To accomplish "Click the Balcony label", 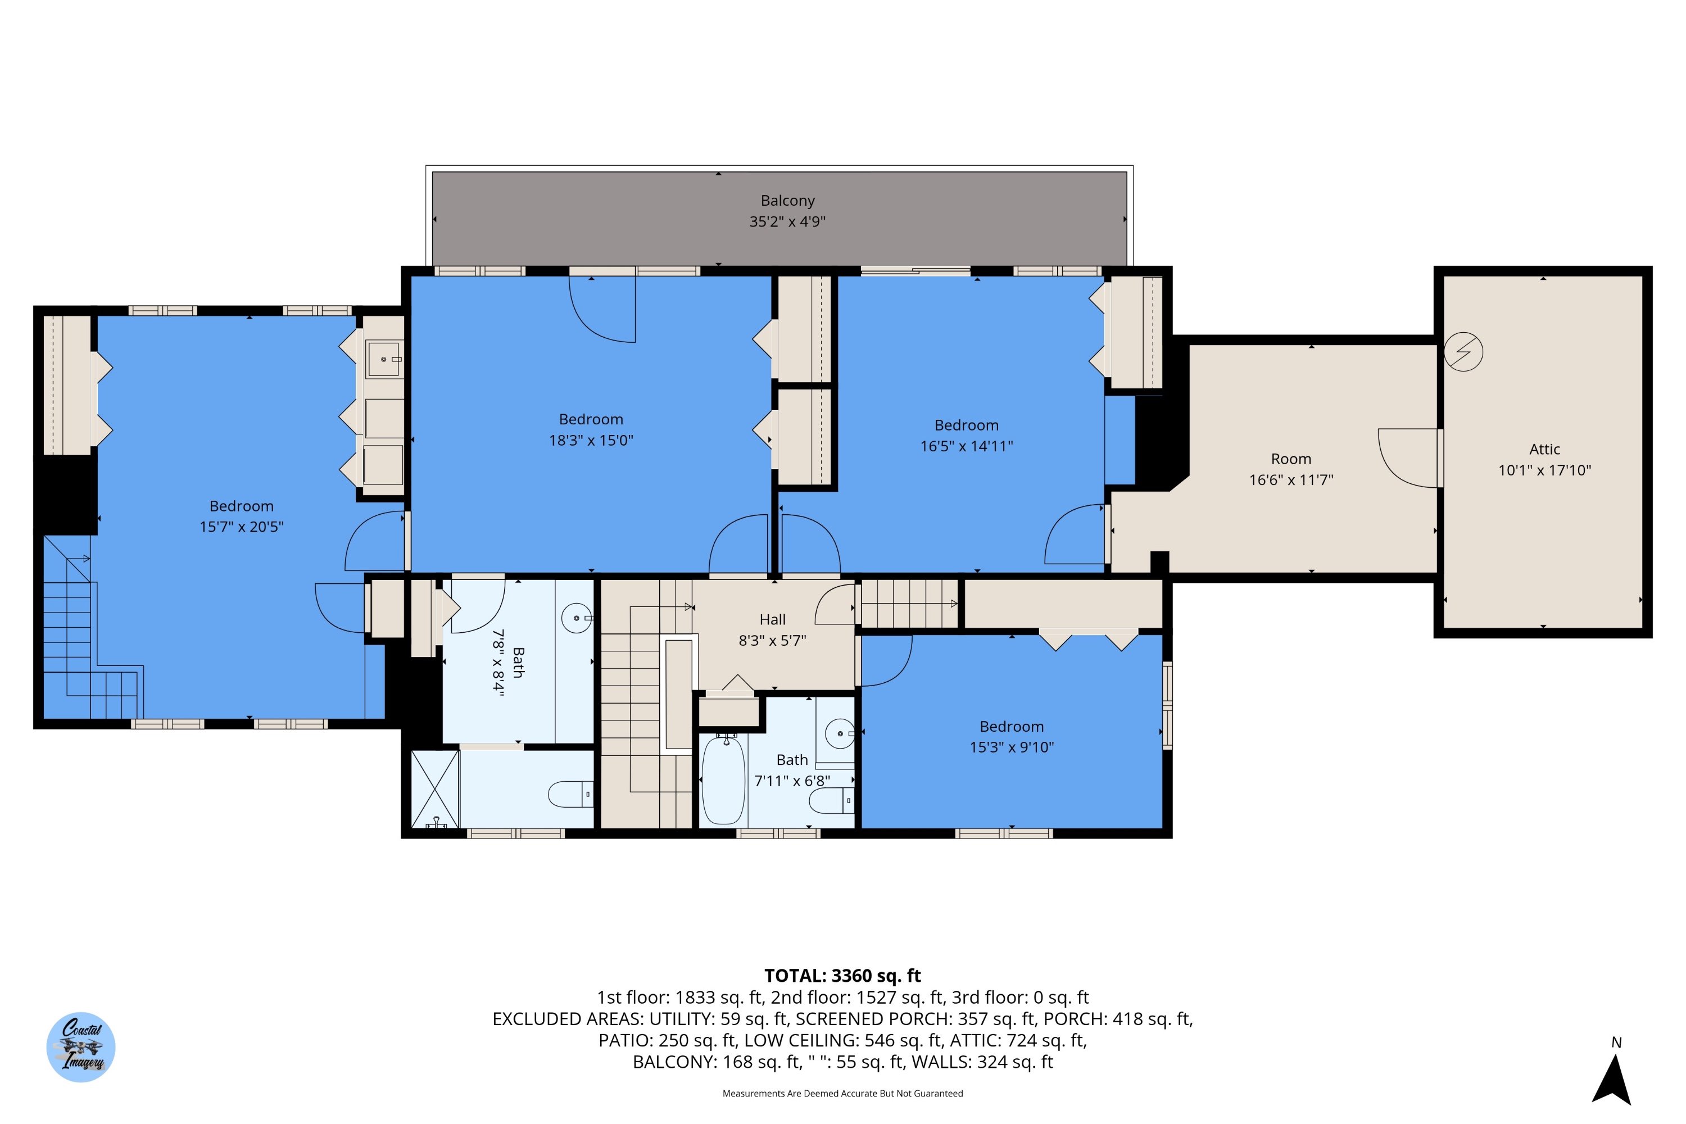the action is [787, 201].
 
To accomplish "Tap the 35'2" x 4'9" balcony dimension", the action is [787, 221].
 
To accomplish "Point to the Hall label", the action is [772, 619].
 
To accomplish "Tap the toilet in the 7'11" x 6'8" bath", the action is [832, 800].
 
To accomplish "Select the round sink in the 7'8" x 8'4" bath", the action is [577, 618].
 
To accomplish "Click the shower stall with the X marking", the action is [434, 789].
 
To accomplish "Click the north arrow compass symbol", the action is [1612, 1080].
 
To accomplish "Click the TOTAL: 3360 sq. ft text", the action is [842, 976].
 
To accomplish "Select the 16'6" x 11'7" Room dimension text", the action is [1291, 481].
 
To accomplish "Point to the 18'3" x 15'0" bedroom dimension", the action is [591, 440].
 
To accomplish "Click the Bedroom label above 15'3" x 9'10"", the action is [1012, 727].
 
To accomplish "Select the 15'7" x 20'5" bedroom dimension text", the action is [241, 527].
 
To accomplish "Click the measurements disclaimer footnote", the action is [842, 1093].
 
